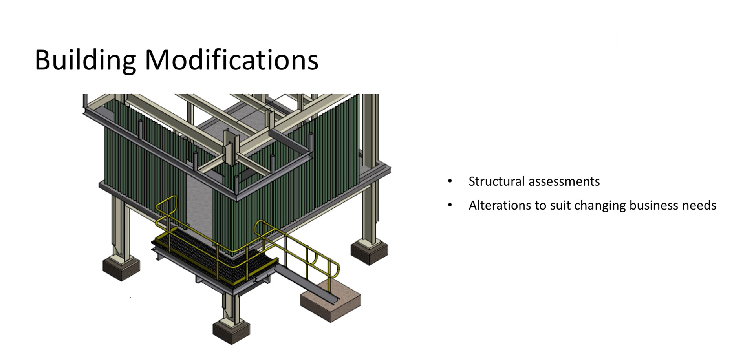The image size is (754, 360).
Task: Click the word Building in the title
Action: tap(85, 60)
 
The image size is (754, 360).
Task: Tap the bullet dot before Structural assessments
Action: tap(450, 181)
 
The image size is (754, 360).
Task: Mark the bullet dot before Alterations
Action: tap(450, 205)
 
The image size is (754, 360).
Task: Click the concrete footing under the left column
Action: tap(121, 268)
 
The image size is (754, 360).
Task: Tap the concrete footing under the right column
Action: tap(369, 252)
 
